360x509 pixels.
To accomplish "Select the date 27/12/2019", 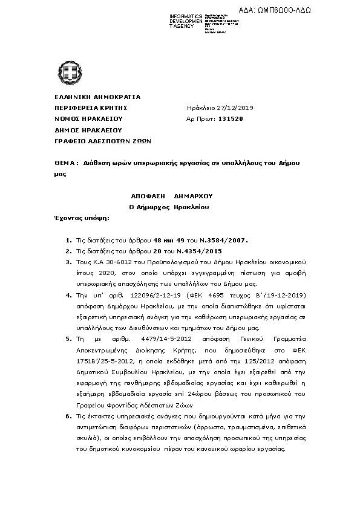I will [224, 108].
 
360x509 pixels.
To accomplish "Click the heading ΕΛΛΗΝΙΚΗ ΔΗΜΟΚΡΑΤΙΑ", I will [89, 97].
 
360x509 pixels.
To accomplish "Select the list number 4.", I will [68, 294].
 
